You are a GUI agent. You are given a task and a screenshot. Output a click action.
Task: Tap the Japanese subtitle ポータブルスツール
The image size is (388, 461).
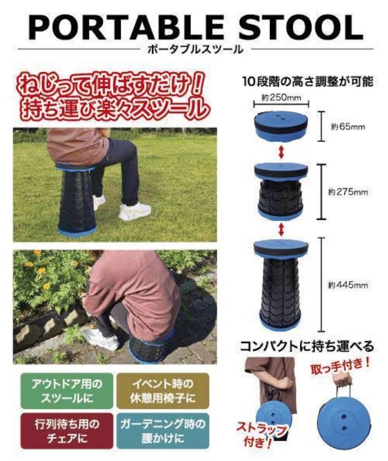[x=196, y=49]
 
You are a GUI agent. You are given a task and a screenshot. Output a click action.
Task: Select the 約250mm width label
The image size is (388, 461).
[x=281, y=98]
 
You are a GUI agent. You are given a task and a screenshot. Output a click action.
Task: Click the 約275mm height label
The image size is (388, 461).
[x=347, y=192]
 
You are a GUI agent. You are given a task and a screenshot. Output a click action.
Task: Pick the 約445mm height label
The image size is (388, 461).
[x=347, y=285]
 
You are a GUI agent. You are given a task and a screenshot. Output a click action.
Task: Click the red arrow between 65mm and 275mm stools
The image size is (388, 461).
[x=281, y=153]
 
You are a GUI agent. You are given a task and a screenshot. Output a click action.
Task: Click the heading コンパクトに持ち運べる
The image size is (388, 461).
[x=307, y=346]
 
